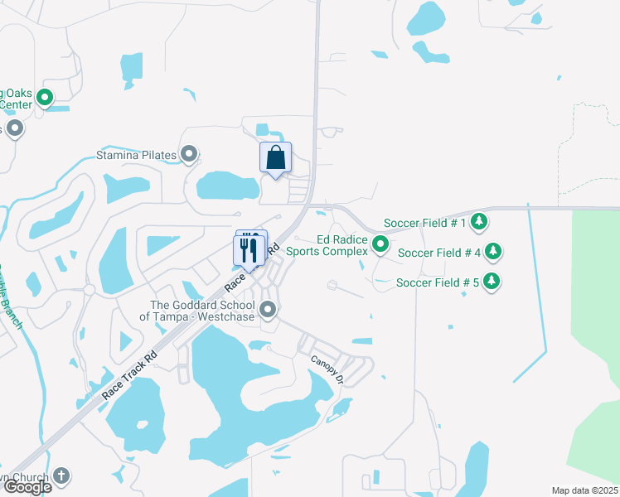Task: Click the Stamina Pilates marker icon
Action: pos(190,154)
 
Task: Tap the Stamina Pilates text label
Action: pos(137,155)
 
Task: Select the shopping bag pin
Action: pos(275,157)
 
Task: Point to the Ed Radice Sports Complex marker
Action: pos(380,244)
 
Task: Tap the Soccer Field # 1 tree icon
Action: pos(478,221)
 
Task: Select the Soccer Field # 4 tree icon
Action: pos(492,251)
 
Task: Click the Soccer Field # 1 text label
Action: pos(425,223)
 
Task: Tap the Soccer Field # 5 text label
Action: pos(438,282)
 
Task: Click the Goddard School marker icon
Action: pos(268,311)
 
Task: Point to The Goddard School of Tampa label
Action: pos(199,311)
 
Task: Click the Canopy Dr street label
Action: pos(327,369)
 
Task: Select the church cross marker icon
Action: pos(61,476)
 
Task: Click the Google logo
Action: pos(27,487)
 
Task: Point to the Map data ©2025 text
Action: pos(584,490)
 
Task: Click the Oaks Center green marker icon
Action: pos(45,98)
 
